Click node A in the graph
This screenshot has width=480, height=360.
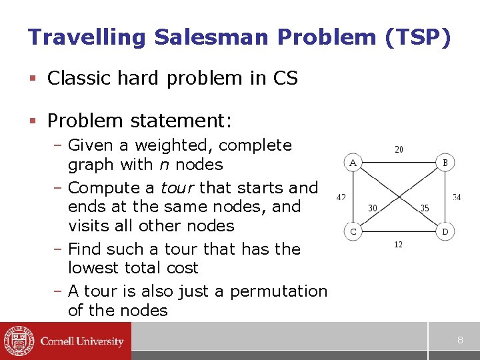(x=353, y=163)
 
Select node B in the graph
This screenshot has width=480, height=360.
(x=445, y=163)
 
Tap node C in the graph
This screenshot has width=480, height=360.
(x=353, y=232)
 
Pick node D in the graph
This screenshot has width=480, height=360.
(x=445, y=232)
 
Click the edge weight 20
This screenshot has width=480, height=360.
(x=399, y=149)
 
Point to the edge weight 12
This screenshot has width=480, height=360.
(x=398, y=245)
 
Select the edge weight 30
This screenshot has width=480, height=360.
(x=373, y=208)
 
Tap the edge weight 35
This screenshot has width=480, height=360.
(x=425, y=208)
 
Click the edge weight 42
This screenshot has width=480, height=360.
(x=341, y=197)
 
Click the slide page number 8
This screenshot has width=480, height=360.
(x=460, y=341)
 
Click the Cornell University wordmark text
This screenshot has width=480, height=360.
(x=82, y=341)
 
